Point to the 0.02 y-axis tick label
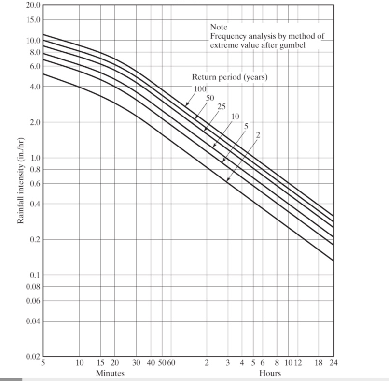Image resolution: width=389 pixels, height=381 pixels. (32, 357)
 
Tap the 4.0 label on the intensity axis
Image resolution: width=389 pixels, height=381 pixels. (35, 87)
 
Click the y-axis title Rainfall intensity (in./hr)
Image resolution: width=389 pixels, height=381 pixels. (20, 181)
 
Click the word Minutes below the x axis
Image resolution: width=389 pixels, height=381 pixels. (110, 373)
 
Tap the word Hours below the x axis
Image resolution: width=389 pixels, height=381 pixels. (270, 373)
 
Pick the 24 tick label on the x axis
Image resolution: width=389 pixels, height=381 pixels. (333, 363)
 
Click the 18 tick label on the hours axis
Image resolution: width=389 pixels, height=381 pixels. (319, 363)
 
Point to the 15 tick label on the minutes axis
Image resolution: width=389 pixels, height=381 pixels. (101, 363)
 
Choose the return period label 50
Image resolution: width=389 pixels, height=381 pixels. (210, 98)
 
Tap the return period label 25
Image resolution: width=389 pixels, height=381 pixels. (222, 106)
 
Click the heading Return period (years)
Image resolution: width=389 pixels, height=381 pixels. (229, 77)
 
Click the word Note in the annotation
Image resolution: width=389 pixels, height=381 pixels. (219, 27)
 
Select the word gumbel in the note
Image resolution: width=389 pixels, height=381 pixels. (293, 45)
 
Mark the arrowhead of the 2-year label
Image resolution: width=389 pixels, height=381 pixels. (227, 181)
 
